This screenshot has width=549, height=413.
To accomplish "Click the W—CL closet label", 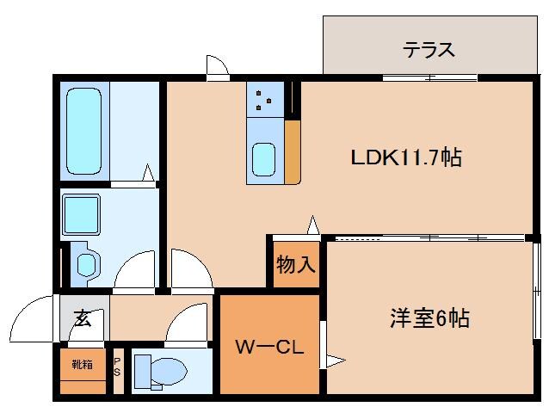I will click(267, 348).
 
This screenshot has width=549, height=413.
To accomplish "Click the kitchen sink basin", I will click(263, 158).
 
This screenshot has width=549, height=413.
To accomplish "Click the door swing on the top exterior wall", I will click(216, 66).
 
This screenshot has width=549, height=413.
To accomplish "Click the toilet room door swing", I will click(185, 327).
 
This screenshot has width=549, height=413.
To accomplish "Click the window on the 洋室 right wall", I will click(537, 284).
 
